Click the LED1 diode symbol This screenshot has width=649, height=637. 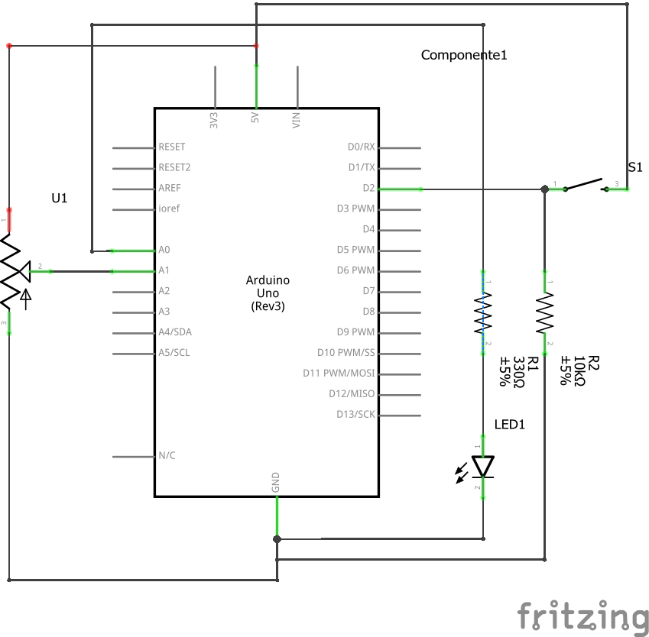tap(483, 466)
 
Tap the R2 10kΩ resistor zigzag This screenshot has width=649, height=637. tap(544, 314)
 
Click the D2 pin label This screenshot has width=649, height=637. tap(368, 188)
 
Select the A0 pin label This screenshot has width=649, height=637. tap(164, 250)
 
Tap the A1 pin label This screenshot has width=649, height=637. tap(164, 270)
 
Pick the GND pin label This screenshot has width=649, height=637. tap(276, 481)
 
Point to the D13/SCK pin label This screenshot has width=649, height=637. tap(355, 415)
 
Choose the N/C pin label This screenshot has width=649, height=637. tap(167, 456)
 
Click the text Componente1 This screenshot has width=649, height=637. tap(464, 55)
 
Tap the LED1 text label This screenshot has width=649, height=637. tap(510, 425)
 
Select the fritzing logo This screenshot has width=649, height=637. tap(582, 616)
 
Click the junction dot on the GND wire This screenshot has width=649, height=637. tap(277, 539)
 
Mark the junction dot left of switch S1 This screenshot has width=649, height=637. tap(544, 189)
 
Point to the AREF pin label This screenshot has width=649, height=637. tap(169, 188)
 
